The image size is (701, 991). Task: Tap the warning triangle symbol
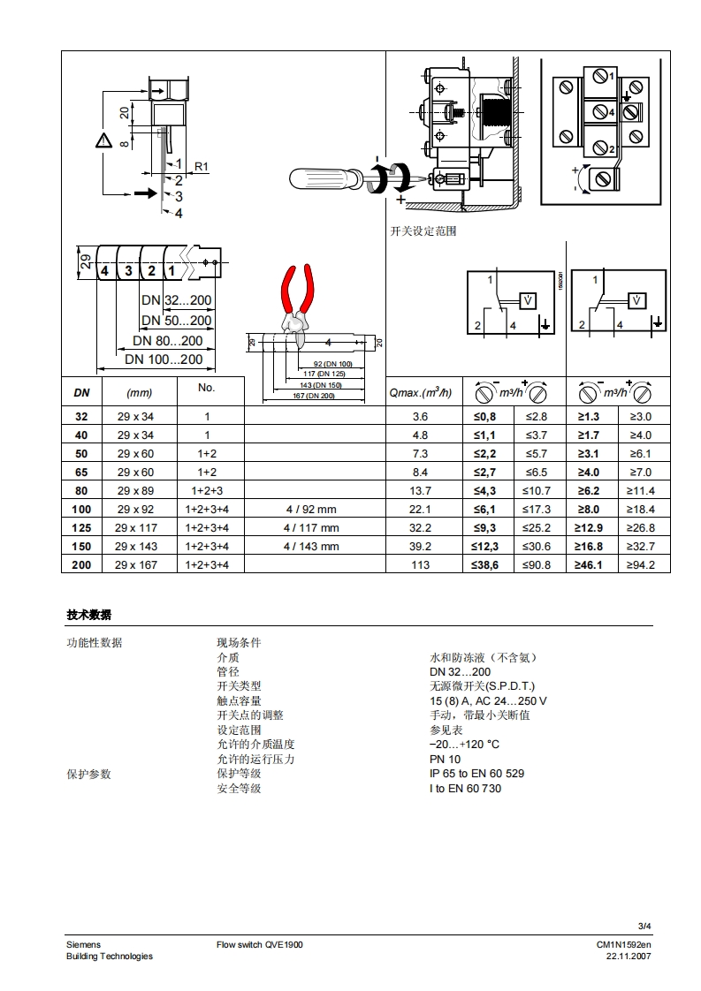click(104, 140)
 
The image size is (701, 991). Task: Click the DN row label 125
click(81, 527)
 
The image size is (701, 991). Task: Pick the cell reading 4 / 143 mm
click(311, 546)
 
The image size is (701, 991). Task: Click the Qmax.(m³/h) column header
click(420, 392)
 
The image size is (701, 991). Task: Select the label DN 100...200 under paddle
click(164, 359)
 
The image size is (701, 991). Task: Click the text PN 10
click(445, 759)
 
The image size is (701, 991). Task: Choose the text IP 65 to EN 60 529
click(476, 773)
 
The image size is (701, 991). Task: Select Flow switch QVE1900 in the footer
click(260, 944)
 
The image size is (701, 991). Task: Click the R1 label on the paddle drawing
click(201, 166)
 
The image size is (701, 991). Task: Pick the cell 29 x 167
click(136, 564)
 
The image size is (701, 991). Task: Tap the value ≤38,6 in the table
click(487, 564)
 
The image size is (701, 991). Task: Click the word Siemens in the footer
click(83, 944)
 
